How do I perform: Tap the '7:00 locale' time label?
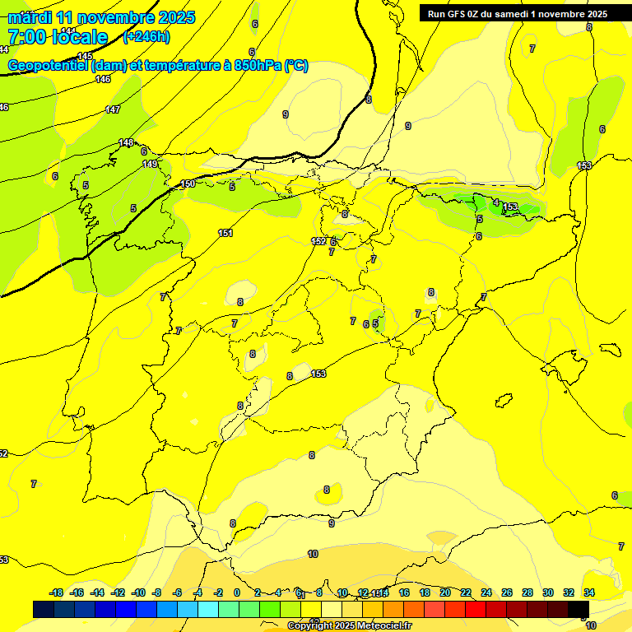58,37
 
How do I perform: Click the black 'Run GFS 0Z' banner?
517,13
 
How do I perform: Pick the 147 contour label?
113,109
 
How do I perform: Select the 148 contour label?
126,142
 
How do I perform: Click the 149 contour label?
150,164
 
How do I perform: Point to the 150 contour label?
188,184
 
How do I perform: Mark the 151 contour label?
225,233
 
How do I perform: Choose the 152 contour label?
318,241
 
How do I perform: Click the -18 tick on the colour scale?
57,592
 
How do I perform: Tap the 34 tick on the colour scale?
589,592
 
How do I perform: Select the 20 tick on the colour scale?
445,592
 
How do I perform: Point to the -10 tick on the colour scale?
138,592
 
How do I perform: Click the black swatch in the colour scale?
579,609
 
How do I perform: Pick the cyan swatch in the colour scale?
208,609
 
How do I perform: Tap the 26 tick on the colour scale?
507,592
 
